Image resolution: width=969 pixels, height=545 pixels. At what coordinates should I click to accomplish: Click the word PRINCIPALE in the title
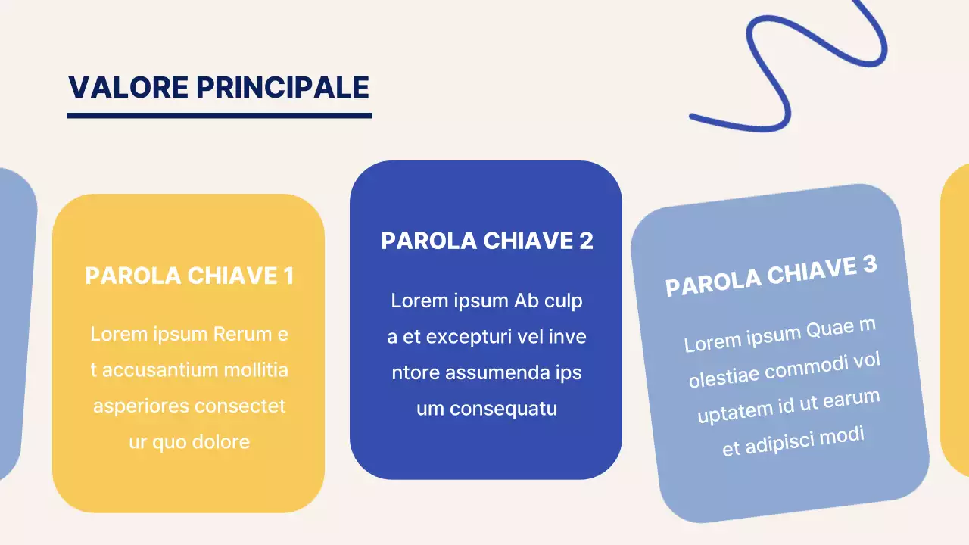click(x=282, y=88)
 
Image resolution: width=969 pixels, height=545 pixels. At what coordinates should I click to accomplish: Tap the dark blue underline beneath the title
click(x=219, y=116)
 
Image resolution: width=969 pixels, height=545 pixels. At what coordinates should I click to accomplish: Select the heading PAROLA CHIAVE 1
click(x=189, y=276)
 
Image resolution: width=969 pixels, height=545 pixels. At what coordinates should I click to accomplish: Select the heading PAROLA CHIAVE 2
click(x=487, y=241)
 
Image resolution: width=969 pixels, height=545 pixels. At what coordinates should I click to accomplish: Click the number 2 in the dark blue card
click(x=585, y=241)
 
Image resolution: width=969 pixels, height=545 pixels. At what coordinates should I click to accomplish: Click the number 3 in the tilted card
click(x=869, y=265)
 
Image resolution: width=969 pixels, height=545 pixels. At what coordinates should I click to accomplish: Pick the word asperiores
click(x=140, y=406)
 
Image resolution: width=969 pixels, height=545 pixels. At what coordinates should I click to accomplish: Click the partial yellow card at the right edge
click(x=956, y=318)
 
